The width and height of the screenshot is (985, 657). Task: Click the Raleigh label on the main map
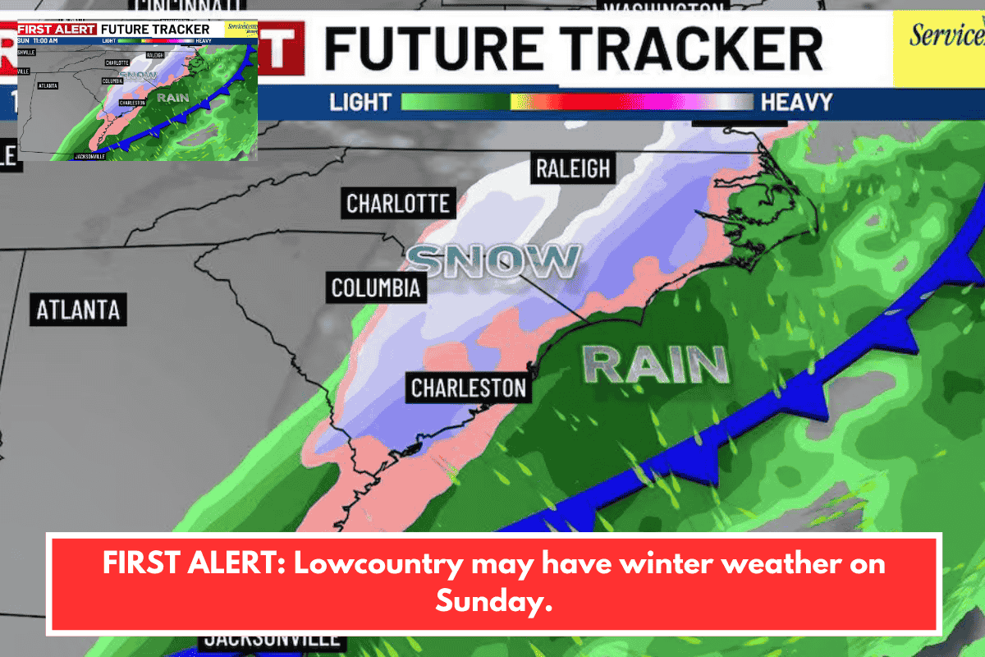[573, 168]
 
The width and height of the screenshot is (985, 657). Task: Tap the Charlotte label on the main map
[398, 203]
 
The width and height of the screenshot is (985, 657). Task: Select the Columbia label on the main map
[375, 287]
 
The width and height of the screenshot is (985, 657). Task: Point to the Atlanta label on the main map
[78, 310]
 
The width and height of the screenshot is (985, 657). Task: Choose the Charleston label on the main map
[468, 387]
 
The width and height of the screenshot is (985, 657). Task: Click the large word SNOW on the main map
[493, 261]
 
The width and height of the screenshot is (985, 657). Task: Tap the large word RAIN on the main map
[656, 364]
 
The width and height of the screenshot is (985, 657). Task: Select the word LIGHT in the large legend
[360, 102]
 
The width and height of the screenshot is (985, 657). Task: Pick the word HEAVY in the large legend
[796, 102]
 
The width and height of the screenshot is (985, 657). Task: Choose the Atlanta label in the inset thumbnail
[48, 85]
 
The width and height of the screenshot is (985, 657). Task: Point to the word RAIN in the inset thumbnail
[168, 97]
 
